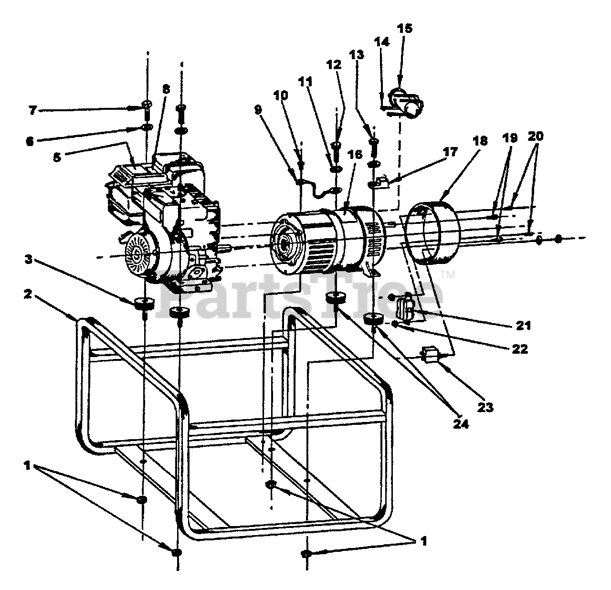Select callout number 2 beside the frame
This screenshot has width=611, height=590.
coord(28,294)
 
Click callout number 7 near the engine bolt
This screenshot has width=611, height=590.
coord(32,111)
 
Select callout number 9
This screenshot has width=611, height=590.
coord(258,109)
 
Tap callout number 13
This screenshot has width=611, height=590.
coord(356,55)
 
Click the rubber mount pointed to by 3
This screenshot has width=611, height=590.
coord(144,304)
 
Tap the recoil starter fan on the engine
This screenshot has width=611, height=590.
coord(139,250)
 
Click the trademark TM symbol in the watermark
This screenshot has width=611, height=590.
coord(449,275)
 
